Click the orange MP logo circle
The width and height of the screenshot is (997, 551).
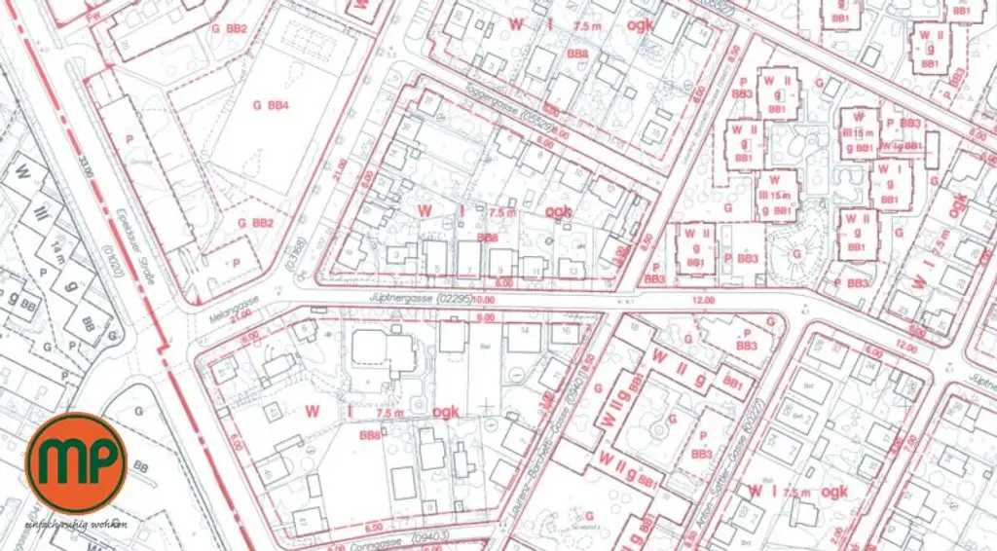coord(76,462)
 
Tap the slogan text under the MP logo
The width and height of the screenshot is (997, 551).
coord(78,524)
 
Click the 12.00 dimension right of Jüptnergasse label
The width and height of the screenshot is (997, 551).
coord(703,300)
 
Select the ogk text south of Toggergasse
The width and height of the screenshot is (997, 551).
coord(558,210)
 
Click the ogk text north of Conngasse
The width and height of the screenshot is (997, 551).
coord(446,412)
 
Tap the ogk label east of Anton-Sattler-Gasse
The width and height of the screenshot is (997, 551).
coord(834,492)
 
